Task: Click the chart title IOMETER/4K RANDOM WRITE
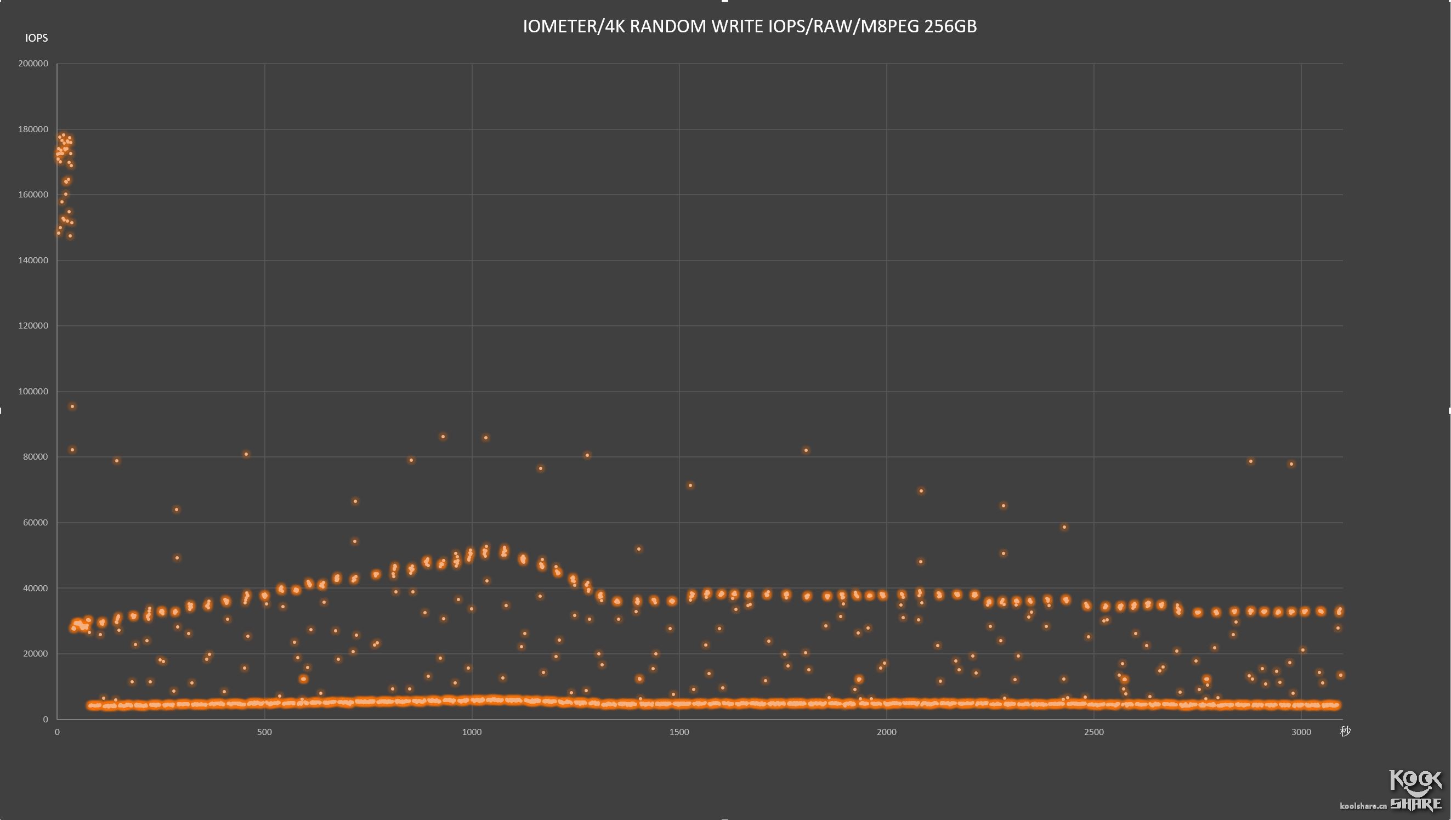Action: pyautogui.click(x=749, y=26)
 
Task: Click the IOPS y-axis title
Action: pyautogui.click(x=37, y=38)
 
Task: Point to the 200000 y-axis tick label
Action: pyautogui.click(x=33, y=64)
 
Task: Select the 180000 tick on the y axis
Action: pyautogui.click(x=33, y=129)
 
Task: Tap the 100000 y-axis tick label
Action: pyautogui.click(x=33, y=391)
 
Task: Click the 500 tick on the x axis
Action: pyautogui.click(x=264, y=732)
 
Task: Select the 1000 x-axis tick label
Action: pyautogui.click(x=472, y=732)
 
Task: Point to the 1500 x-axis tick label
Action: pyautogui.click(x=679, y=732)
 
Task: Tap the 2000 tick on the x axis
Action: pyautogui.click(x=886, y=732)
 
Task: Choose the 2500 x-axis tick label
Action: pyautogui.click(x=1093, y=732)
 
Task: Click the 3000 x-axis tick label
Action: pyautogui.click(x=1301, y=732)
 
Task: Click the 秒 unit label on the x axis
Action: pyautogui.click(x=1345, y=732)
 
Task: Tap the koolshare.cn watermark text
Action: pyautogui.click(x=1363, y=806)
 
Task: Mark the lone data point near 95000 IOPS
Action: pyautogui.click(x=72, y=406)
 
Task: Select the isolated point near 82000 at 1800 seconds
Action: pyautogui.click(x=806, y=450)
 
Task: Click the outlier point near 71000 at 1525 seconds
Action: pyautogui.click(x=690, y=485)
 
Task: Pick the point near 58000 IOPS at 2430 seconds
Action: pyautogui.click(x=1064, y=528)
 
